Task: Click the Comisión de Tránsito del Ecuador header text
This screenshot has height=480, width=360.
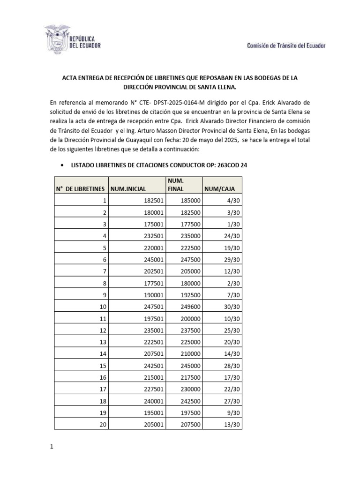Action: pos(286,45)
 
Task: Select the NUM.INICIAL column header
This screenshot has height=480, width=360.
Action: pos(129,188)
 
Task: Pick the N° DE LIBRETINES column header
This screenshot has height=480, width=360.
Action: pos(80,188)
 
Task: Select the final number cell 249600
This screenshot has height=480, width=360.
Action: pos(189,307)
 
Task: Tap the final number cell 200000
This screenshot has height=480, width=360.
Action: pos(189,318)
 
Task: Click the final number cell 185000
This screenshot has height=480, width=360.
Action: pos(189,201)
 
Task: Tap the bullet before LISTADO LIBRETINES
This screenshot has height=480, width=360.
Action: pos(62,166)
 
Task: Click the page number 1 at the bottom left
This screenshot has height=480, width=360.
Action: pos(52,447)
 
